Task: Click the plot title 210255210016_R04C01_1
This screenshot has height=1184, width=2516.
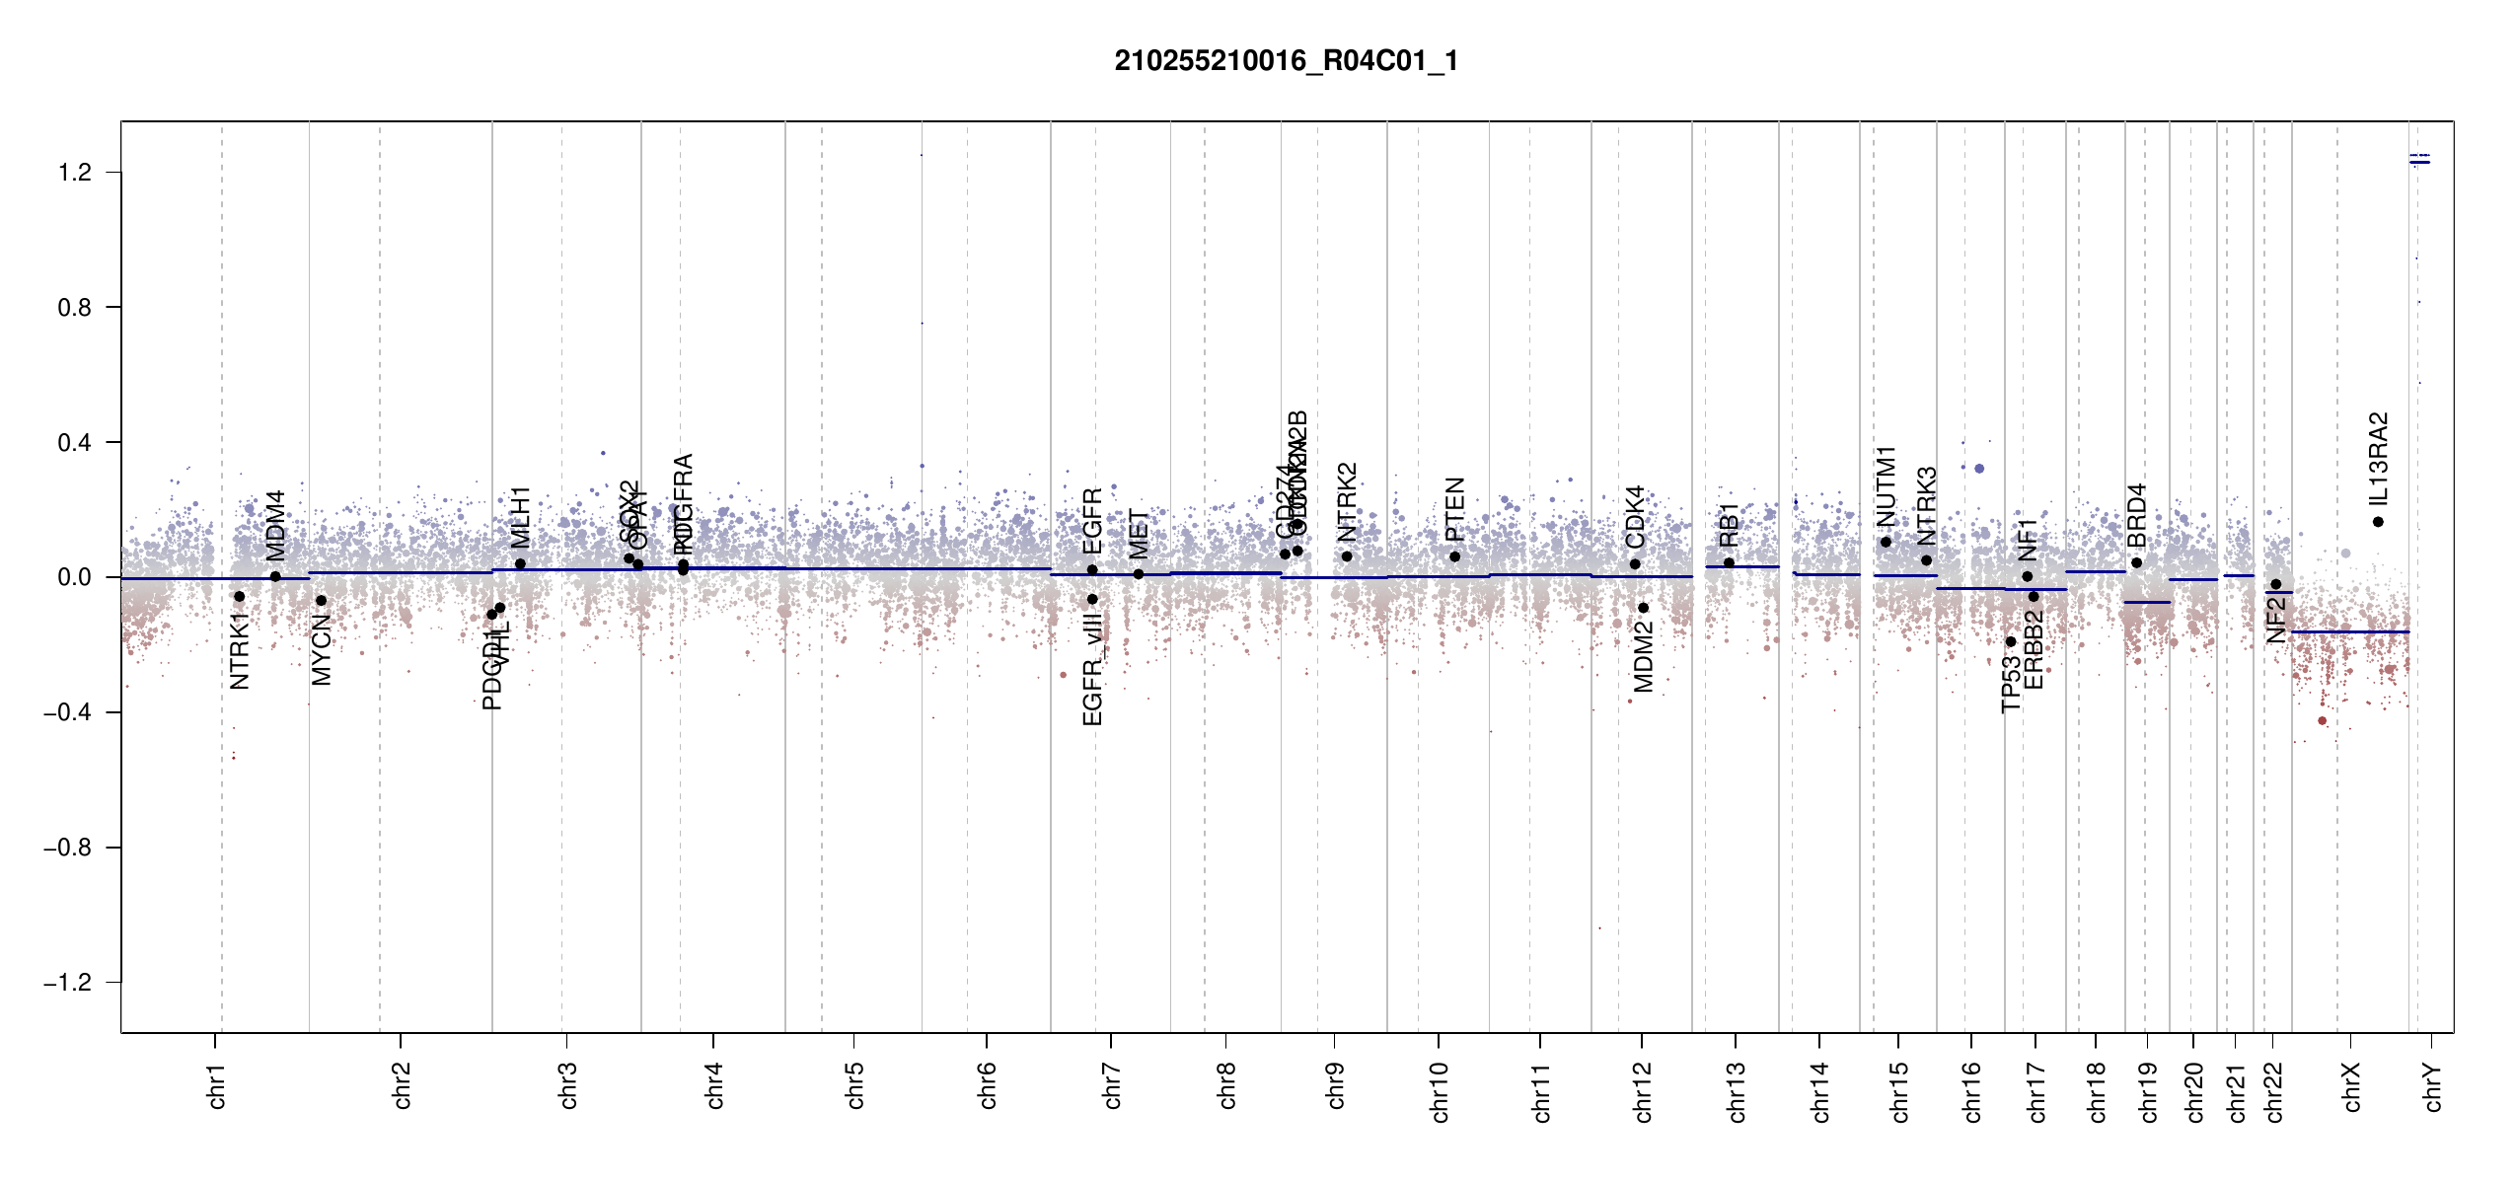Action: coord(1286,61)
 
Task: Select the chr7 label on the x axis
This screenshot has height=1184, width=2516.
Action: coord(1112,1085)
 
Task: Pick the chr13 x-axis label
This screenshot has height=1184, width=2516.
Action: coord(1736,1091)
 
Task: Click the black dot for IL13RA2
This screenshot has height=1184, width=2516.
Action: coord(2378,522)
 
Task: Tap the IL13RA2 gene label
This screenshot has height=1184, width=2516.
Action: coord(2378,459)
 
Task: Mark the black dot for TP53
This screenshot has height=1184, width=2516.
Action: coord(2011,641)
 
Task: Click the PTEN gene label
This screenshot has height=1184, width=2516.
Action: coord(1454,509)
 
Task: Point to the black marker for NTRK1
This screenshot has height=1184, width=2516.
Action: coord(239,597)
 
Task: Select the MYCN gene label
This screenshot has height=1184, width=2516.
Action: coord(322,649)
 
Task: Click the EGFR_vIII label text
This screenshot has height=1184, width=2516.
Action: coord(1092,669)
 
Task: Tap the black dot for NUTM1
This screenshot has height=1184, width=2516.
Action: coord(1886,542)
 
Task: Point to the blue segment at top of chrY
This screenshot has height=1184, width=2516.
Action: coord(2419,162)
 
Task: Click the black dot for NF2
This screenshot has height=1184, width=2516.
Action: coord(2275,584)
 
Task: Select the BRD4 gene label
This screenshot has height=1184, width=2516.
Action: coord(2136,515)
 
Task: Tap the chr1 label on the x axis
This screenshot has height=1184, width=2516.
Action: coord(216,1085)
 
